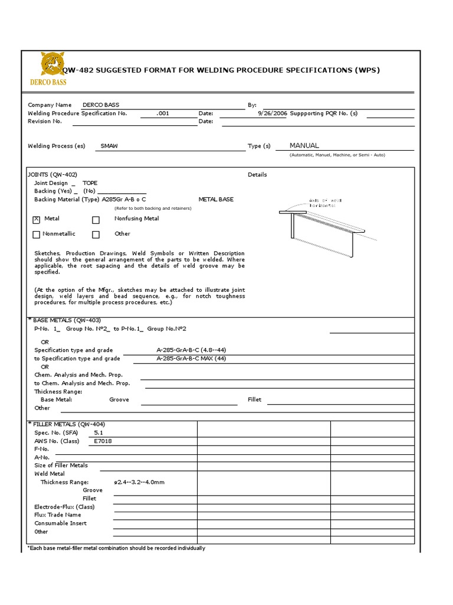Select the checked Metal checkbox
37,219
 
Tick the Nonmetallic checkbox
37,235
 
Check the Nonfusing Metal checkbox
96,219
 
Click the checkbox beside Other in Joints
96,235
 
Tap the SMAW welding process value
109,146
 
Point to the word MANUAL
304,145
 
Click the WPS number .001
162,113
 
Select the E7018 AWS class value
103,441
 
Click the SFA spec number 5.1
99,432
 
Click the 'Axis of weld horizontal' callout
325,203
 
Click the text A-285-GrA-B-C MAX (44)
191,359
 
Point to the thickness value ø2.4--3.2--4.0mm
140,482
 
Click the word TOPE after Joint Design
90,183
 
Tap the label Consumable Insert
60,523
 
